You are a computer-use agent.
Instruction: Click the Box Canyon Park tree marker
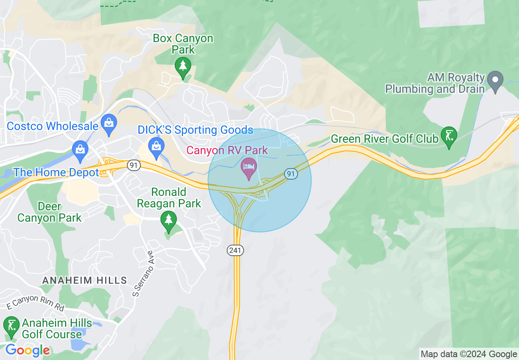coord(183,67)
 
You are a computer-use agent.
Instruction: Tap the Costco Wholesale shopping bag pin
coord(109,124)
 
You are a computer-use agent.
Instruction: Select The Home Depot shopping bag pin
coord(80,150)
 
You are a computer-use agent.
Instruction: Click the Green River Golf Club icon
coord(449,136)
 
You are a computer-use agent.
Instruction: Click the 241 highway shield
coord(235,250)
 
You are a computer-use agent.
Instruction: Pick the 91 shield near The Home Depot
coord(133,165)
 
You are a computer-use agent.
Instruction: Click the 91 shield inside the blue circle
coord(291,174)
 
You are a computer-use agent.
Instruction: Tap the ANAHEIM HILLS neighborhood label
coord(85,280)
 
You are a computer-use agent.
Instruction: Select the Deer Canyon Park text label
coord(50,212)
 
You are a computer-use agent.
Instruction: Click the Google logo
coord(27,350)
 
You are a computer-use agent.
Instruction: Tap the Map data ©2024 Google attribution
coord(469,354)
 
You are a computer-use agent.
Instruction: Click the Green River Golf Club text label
coord(384,139)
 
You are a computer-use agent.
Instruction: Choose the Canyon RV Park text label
coord(227,150)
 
